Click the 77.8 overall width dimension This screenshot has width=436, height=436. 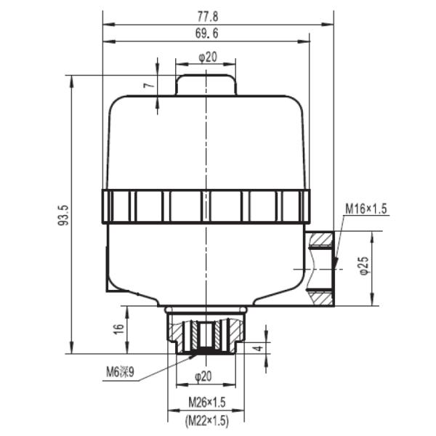tap(208, 17)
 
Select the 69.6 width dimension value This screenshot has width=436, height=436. tap(206, 33)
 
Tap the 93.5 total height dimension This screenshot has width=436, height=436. tap(63, 215)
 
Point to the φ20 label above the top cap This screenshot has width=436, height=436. tap(208, 57)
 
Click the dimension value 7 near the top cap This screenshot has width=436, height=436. tap(149, 85)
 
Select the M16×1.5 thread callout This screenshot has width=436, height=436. tap(366, 209)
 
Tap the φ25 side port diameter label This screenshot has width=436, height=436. tap(364, 265)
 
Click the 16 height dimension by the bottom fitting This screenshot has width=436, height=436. tap(119, 329)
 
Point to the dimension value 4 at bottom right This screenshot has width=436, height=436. tap(259, 348)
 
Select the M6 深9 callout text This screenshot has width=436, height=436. tap(120, 372)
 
